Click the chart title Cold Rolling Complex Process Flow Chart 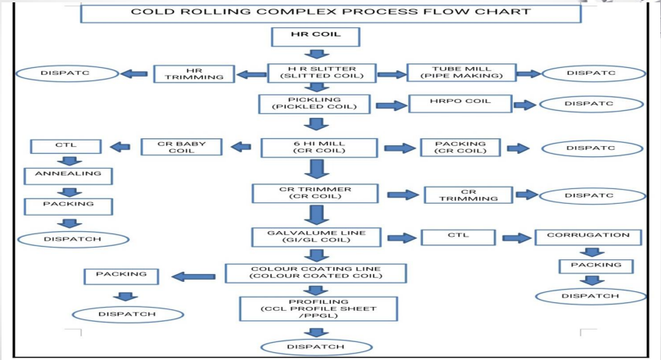pos(330,12)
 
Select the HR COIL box pos(316,36)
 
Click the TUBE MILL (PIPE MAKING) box pos(461,73)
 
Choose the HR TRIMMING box pos(194,73)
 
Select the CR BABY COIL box pos(182,147)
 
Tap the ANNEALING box pos(68,175)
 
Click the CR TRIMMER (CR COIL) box pos(315,194)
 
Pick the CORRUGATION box pos(588,236)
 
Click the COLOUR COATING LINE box pos(316,273)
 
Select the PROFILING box pos(320,308)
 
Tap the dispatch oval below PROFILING pos(315,346)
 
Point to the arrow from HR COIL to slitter pos(315,55)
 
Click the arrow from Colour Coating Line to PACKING pos(194,276)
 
